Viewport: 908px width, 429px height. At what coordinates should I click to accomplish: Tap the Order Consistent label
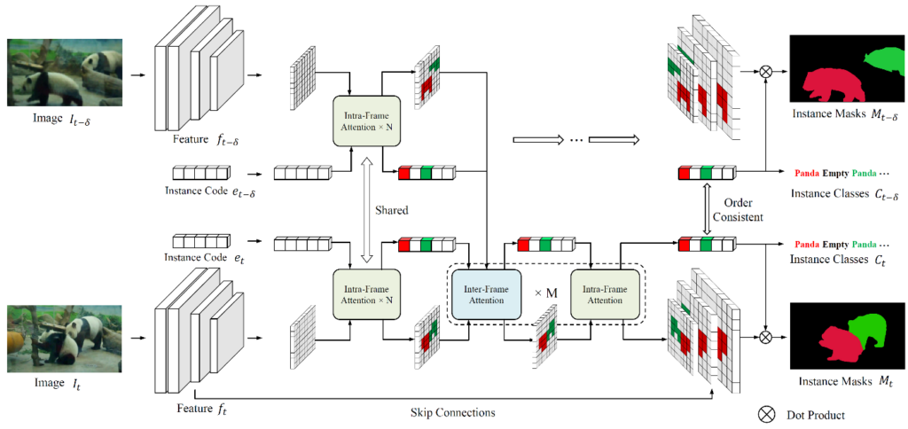tap(744, 210)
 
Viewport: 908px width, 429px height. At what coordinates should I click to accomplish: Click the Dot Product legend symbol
tap(765, 414)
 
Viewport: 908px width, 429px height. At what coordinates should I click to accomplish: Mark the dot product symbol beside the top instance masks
tap(765, 72)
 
